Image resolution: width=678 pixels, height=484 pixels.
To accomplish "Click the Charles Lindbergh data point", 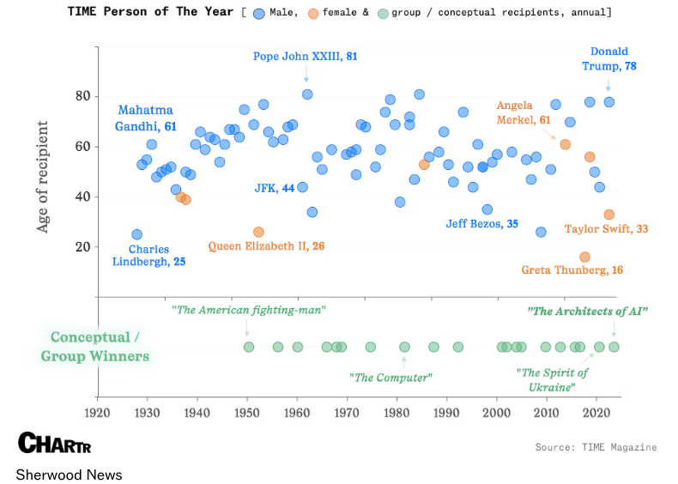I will (x=136, y=234).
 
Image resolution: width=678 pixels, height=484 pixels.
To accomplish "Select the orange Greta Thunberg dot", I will (x=584, y=257).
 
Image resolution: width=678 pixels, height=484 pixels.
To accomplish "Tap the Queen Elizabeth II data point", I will (x=258, y=233).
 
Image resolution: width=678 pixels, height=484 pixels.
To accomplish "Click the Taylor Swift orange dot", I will (x=609, y=215).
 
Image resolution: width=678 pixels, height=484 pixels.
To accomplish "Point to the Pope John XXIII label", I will (x=305, y=57).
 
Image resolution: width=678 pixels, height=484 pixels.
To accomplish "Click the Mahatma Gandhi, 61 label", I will (x=146, y=118).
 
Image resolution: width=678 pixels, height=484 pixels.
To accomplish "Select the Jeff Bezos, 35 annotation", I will (x=481, y=224).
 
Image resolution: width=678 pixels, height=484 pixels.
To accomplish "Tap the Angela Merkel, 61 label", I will (x=524, y=113).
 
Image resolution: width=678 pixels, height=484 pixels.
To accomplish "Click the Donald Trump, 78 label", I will (x=609, y=58).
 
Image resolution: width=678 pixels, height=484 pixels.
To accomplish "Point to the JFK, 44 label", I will (x=275, y=187).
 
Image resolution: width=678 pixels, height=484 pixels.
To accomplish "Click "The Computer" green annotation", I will (x=390, y=377).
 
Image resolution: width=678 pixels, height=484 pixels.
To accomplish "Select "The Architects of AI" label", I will (x=588, y=311).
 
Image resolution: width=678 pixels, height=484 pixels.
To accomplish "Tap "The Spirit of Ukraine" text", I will (x=553, y=379).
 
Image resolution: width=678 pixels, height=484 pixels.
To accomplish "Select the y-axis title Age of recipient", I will (x=43, y=177).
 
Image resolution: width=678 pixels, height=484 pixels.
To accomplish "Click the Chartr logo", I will (x=54, y=444).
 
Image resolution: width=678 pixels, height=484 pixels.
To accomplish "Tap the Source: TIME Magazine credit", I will (x=596, y=447).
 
